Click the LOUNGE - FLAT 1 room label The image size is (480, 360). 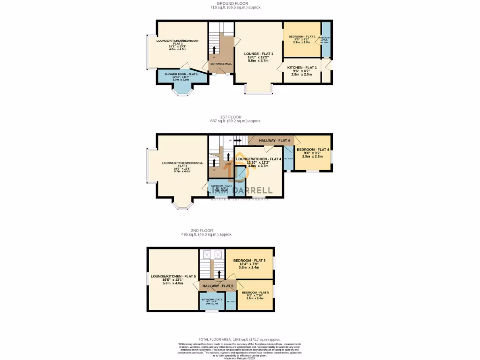(258, 54)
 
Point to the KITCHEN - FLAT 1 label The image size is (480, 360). (302, 67)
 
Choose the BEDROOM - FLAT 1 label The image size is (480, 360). (301, 37)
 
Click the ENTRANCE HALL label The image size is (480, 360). (221, 64)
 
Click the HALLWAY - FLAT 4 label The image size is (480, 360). (274, 140)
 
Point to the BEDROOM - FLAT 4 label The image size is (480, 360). (313, 150)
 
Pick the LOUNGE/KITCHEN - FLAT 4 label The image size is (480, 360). (259, 159)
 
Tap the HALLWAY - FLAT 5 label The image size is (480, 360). (217, 285)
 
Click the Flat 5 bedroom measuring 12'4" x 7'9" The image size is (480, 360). (249, 261)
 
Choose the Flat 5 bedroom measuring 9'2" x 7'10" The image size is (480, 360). (255, 292)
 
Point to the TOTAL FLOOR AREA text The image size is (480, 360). (240, 339)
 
